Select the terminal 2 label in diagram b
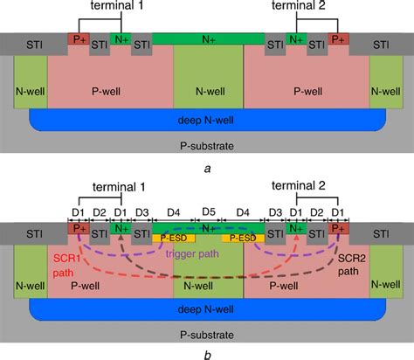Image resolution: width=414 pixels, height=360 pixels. [301, 185]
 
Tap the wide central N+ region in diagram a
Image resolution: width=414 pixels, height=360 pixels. [208, 38]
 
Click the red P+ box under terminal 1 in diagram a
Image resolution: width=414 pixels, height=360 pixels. [79, 41]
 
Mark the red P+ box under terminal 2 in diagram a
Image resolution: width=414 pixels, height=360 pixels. [337, 41]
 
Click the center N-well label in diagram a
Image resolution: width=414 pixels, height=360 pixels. [207, 87]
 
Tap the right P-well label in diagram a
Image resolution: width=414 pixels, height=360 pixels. [305, 87]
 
